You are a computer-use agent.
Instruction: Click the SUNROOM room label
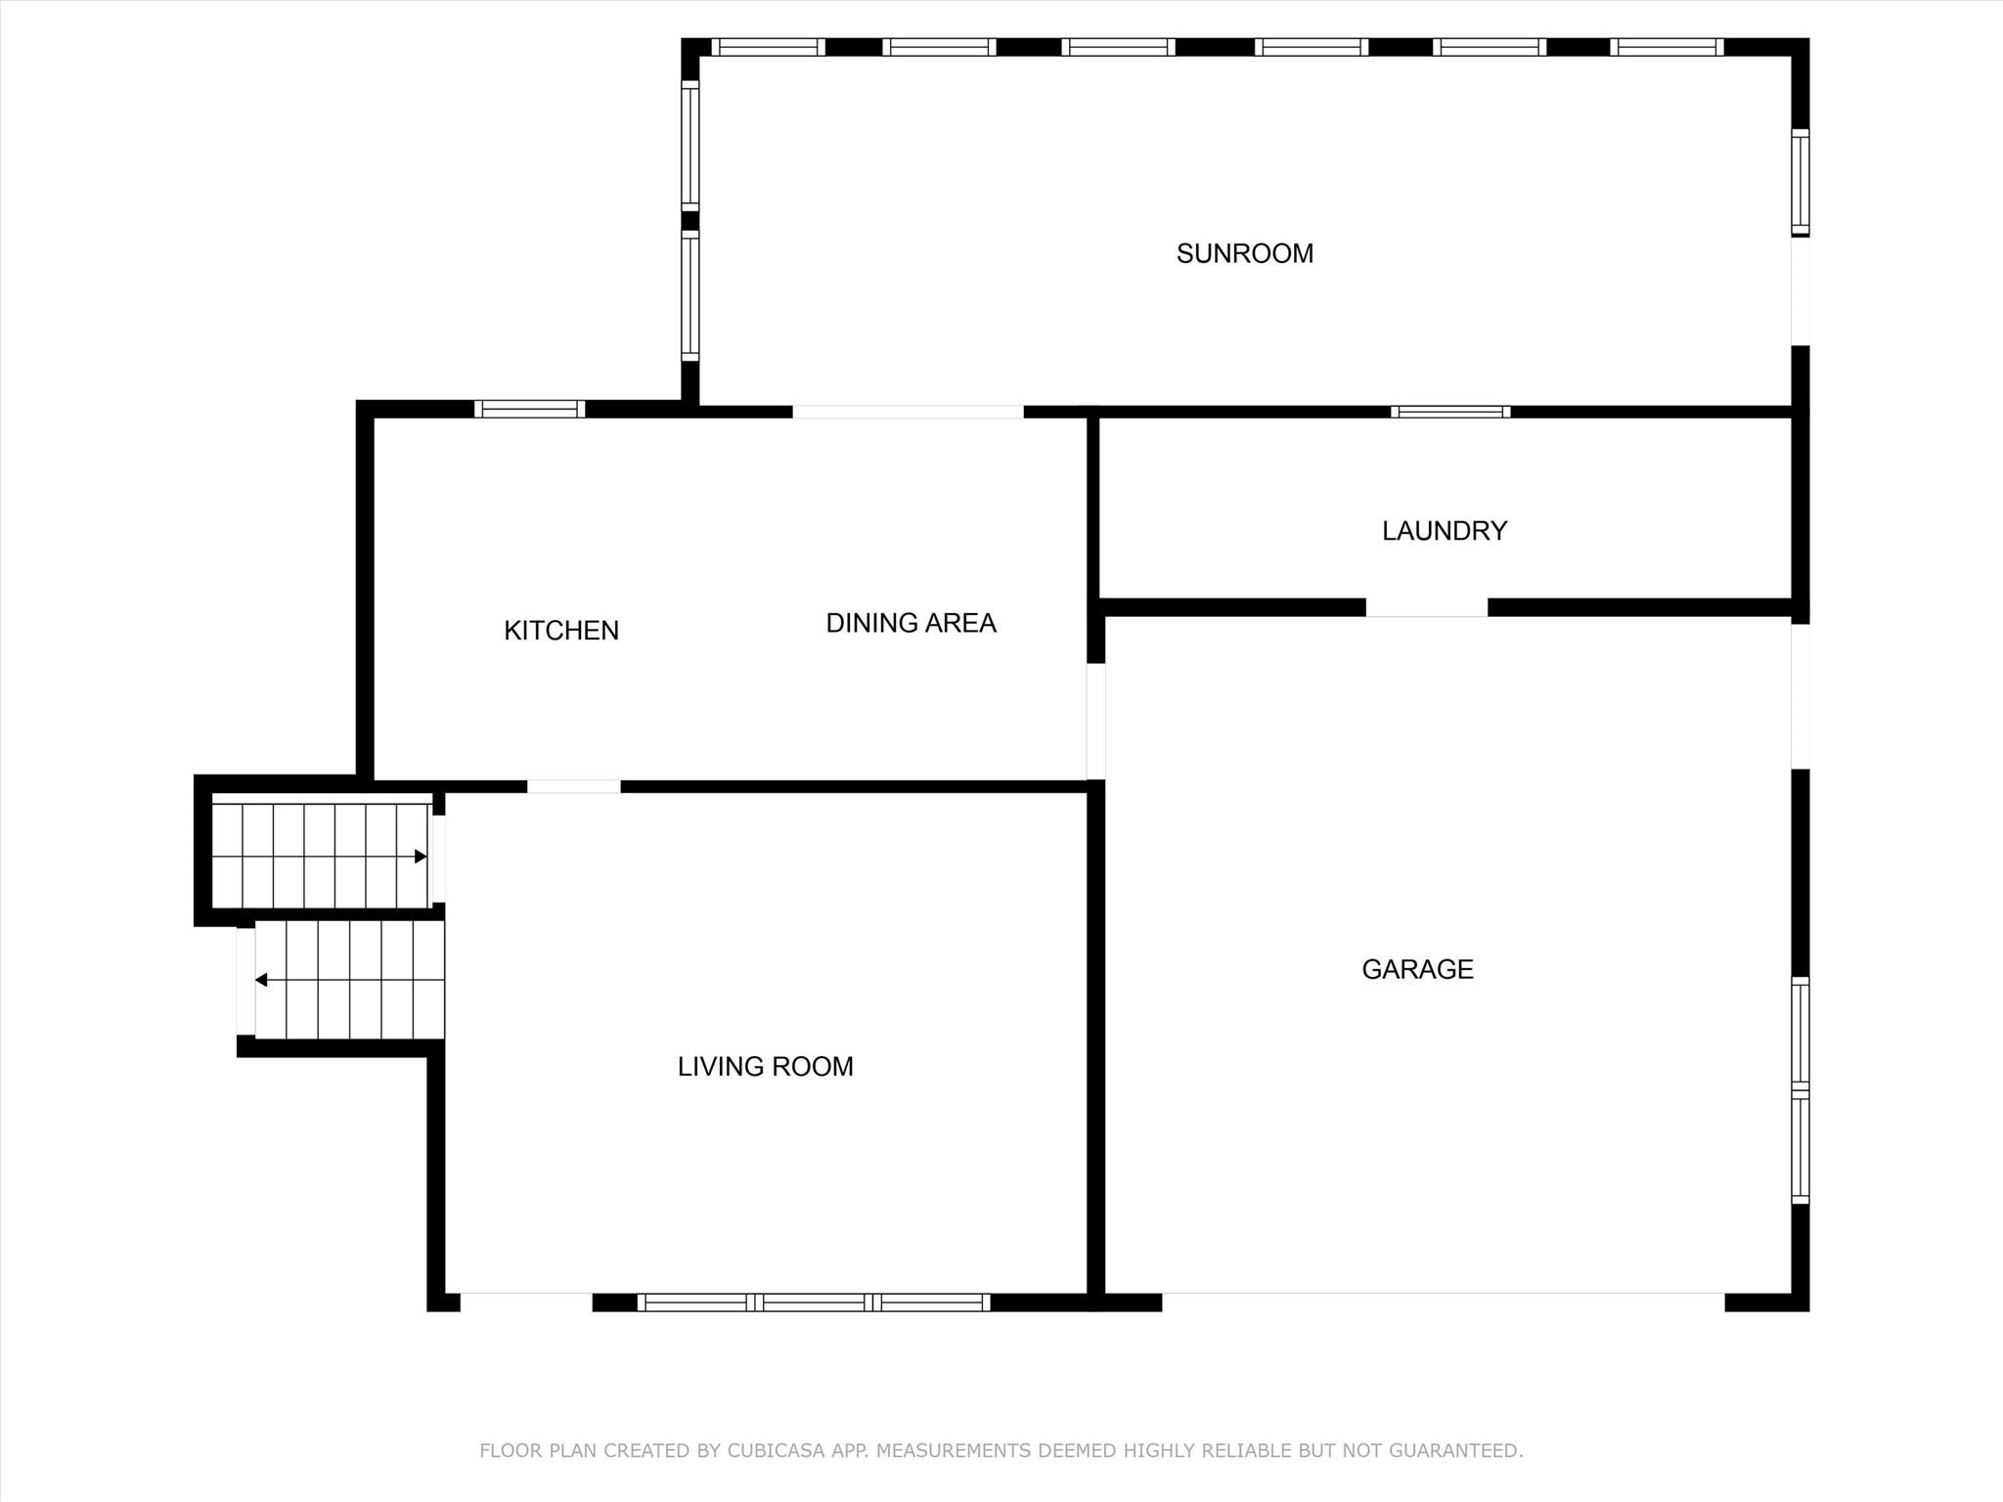(x=1244, y=254)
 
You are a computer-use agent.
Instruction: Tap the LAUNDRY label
(x=1445, y=531)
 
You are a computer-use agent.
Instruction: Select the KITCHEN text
(x=561, y=631)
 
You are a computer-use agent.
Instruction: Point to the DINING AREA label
(x=911, y=623)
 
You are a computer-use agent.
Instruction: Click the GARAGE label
(x=1417, y=969)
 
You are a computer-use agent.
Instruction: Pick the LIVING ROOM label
(x=765, y=1066)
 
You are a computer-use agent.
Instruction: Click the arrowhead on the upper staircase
(x=421, y=857)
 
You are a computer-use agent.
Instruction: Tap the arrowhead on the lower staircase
(x=261, y=980)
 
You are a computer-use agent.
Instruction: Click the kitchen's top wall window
(x=529, y=409)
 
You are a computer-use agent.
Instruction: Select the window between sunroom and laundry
(x=1450, y=412)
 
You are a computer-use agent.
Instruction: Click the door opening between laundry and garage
(x=1427, y=607)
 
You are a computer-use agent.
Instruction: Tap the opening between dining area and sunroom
(x=908, y=412)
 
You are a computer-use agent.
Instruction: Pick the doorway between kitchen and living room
(x=574, y=786)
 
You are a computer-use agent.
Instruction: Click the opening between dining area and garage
(x=1096, y=722)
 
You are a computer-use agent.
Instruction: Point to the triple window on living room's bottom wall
(x=814, y=1303)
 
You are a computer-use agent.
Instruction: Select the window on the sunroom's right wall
(x=1800, y=183)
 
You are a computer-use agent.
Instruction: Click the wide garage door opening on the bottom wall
(x=1443, y=1303)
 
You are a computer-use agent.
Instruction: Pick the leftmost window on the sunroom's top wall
(x=768, y=47)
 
